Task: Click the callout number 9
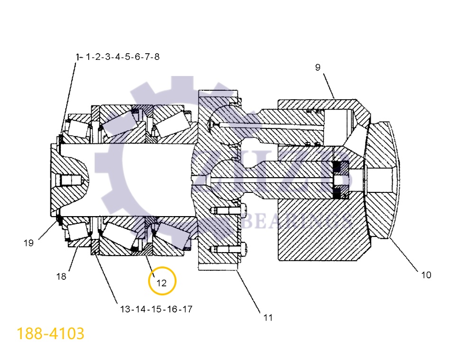(x=318, y=67)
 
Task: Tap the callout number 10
(x=426, y=275)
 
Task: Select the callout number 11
(x=268, y=318)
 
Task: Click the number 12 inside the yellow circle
(x=162, y=283)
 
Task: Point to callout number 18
(x=61, y=276)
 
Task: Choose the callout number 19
(x=28, y=243)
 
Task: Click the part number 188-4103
(x=51, y=333)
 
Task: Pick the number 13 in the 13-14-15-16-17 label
(x=125, y=309)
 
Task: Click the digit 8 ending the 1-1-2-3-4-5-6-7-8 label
(x=156, y=57)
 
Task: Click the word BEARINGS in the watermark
(x=297, y=220)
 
